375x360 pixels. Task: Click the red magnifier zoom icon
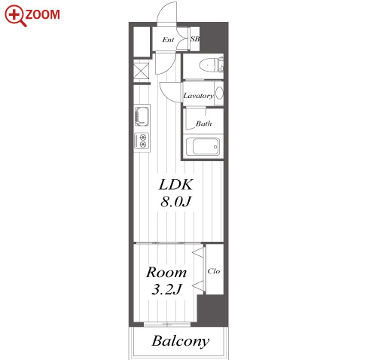click(15, 16)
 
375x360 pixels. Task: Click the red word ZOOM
click(42, 14)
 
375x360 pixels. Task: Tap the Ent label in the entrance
click(168, 40)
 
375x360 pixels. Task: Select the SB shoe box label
click(195, 39)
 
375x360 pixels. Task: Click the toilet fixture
click(211, 66)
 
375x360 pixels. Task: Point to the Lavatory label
click(198, 96)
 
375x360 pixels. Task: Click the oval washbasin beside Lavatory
click(219, 93)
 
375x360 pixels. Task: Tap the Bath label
click(203, 124)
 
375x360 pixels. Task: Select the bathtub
click(203, 146)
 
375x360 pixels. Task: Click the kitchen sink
click(142, 116)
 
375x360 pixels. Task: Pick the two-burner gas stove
click(142, 141)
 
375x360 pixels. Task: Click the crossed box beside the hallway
click(141, 71)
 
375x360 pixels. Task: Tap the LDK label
click(176, 185)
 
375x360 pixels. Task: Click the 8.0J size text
click(176, 202)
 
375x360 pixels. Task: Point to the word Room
click(166, 272)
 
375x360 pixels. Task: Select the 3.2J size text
click(166, 289)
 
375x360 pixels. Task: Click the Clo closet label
click(214, 271)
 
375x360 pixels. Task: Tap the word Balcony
click(180, 341)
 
